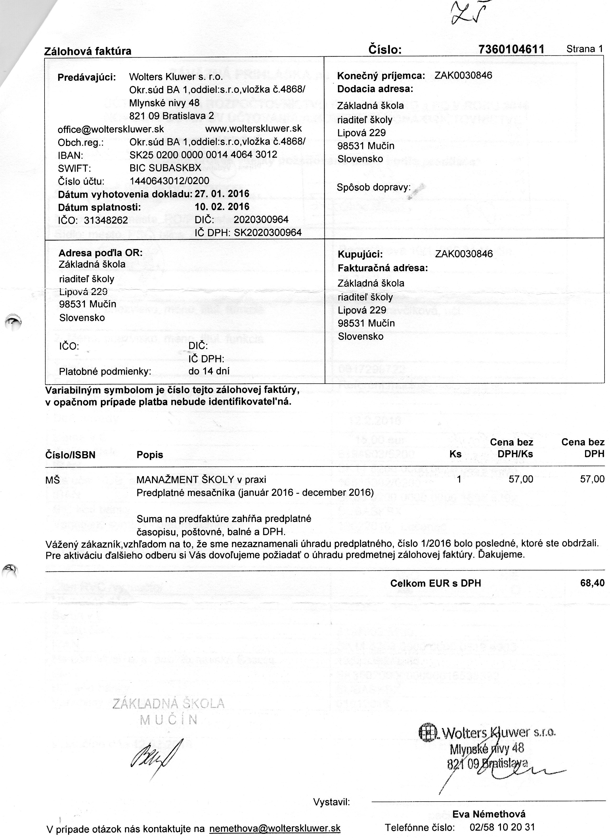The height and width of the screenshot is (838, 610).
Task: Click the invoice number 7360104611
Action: tap(511, 49)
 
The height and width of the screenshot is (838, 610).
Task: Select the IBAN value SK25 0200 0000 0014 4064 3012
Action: tap(203, 154)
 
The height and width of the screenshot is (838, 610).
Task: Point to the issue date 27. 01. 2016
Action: tap(222, 194)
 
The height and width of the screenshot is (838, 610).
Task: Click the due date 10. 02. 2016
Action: tap(222, 206)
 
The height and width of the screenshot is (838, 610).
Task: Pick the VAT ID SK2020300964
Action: tap(268, 232)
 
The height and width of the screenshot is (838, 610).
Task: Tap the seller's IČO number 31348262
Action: tap(106, 220)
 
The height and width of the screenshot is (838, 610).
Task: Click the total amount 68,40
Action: tap(592, 583)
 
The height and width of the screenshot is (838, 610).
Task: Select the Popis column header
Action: tap(150, 454)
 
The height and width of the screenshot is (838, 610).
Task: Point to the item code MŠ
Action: tap(52, 480)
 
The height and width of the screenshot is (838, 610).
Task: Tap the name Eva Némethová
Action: tap(489, 814)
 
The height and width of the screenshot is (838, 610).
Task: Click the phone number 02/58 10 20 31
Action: tap(502, 827)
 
